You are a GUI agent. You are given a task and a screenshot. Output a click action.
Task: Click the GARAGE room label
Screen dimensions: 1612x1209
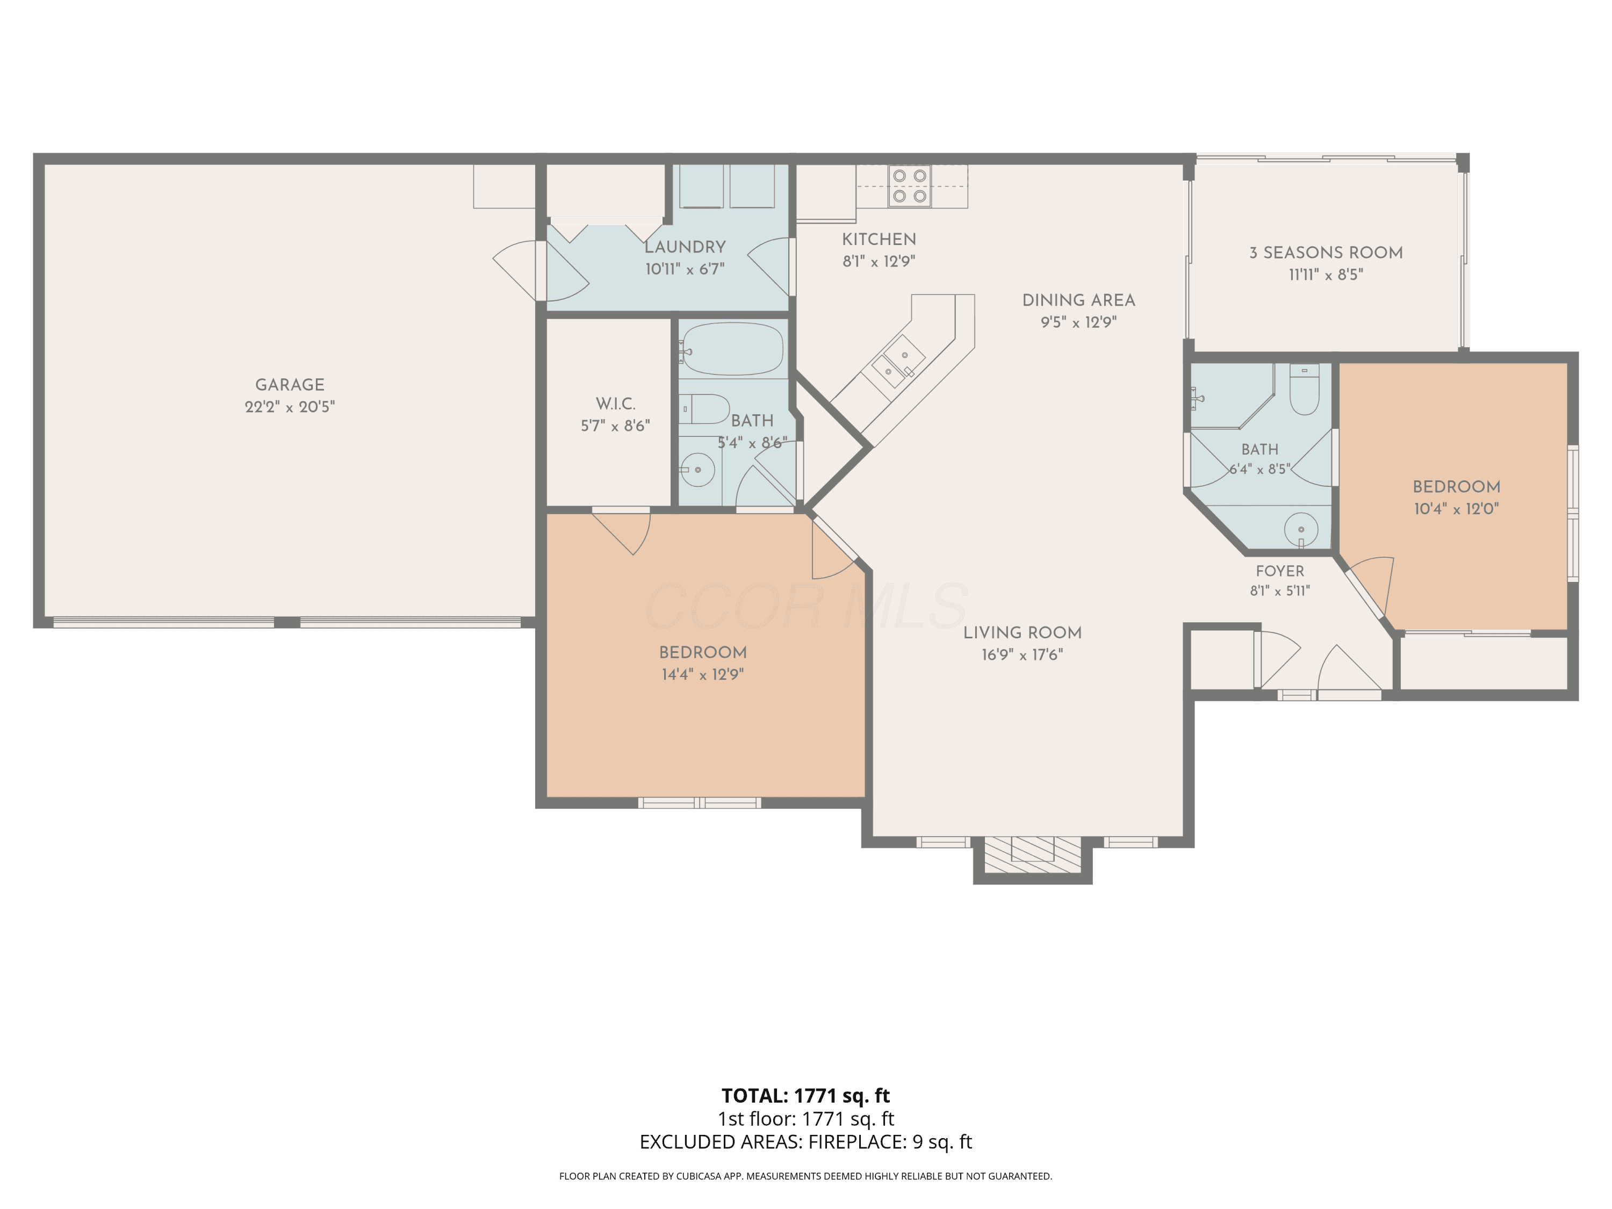click(289, 384)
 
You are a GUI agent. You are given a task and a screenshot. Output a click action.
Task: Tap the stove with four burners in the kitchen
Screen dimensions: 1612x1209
click(910, 186)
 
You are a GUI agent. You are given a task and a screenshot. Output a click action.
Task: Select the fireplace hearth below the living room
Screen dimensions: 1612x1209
click(1033, 855)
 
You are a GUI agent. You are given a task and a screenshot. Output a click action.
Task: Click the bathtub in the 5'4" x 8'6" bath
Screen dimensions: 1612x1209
click(732, 349)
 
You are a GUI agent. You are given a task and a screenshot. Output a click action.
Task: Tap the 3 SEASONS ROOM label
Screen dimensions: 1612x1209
click(1326, 253)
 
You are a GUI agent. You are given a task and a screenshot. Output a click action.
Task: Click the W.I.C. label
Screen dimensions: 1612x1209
click(616, 404)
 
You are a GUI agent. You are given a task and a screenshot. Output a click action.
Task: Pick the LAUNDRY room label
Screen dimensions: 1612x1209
click(685, 247)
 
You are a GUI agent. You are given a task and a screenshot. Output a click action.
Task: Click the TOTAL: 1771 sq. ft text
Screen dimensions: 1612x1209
click(805, 1095)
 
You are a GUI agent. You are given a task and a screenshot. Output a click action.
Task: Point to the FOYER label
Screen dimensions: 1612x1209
click(1280, 571)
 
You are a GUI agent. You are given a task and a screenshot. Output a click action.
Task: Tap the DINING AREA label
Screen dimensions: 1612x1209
click(1078, 300)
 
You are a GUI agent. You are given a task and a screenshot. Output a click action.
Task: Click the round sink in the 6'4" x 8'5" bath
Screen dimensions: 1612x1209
click(1301, 529)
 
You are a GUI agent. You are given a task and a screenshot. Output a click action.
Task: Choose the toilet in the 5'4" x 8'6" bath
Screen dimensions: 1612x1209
click(704, 409)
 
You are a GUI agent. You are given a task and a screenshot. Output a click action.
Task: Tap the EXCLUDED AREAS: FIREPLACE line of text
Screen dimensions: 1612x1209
click(805, 1142)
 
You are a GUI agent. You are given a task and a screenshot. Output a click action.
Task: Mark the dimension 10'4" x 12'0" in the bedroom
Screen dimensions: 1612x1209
click(1456, 509)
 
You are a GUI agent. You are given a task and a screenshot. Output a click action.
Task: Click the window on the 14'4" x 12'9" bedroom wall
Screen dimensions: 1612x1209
click(700, 803)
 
